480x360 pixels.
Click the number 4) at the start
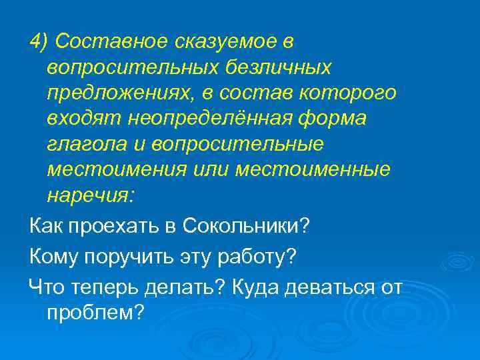[x=39, y=42]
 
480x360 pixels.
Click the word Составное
[x=111, y=42]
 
